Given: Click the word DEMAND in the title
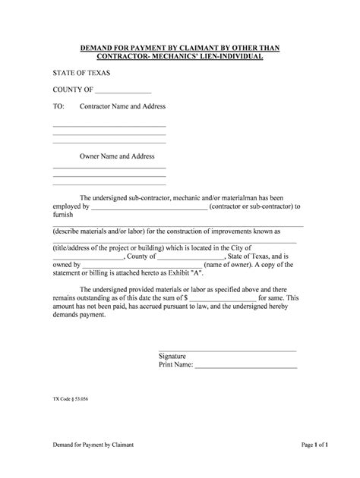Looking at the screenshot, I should [x=99, y=48].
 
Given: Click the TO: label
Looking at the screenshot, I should [x=58, y=107].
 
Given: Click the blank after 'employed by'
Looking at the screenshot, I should [x=149, y=206].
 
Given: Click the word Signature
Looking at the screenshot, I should [x=172, y=356].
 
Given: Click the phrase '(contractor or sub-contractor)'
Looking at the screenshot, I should [x=253, y=206].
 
